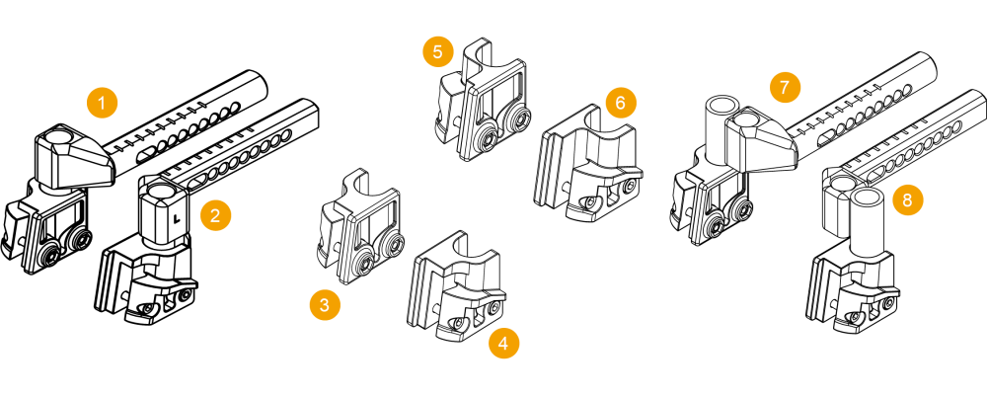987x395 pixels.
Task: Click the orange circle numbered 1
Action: coord(103,103)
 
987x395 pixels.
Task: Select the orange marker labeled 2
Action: coord(216,215)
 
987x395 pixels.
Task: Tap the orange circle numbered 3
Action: coord(325,305)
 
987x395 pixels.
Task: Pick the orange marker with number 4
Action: coord(504,344)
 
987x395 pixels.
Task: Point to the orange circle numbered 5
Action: coord(438,52)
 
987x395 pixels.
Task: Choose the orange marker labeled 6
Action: coord(621,103)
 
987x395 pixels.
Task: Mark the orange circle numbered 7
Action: coord(786,88)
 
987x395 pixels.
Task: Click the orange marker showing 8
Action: coord(908,200)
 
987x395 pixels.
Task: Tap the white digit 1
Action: coord(103,103)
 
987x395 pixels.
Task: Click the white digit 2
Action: coord(216,215)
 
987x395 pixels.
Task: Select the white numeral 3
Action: coord(325,305)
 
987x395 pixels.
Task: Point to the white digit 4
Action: coord(504,344)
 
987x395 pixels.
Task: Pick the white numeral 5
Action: coord(438,52)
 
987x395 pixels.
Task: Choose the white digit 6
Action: coord(621,103)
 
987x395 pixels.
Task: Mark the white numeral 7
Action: coord(786,88)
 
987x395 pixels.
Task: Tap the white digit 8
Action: coord(908,200)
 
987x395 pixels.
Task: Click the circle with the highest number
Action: coord(908,200)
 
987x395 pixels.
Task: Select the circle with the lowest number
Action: coord(103,103)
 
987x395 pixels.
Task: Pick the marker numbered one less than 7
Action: coord(621,103)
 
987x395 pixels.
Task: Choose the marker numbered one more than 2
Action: coord(325,305)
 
